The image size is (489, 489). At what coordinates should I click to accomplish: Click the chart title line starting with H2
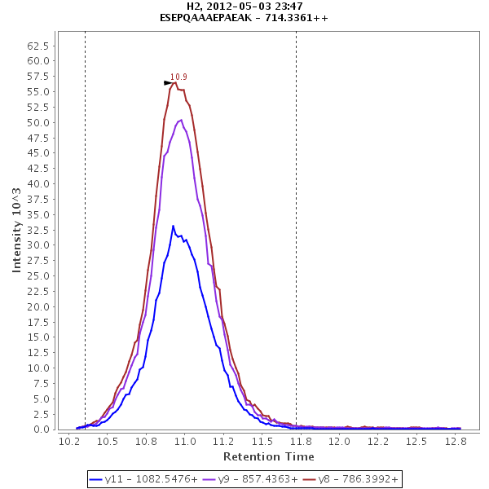click(244, 7)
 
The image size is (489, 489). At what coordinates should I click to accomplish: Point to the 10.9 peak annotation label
click(178, 77)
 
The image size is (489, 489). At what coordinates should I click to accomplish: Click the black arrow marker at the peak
click(168, 82)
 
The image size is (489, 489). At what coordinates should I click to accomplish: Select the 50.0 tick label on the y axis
click(41, 122)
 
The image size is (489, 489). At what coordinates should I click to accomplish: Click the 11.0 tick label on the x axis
click(185, 441)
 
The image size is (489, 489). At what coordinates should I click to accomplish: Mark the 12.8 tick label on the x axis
click(455, 441)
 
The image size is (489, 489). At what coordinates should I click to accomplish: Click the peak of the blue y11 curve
click(173, 226)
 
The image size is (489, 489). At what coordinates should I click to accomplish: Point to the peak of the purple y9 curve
click(180, 120)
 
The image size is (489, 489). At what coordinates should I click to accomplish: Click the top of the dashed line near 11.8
click(296, 33)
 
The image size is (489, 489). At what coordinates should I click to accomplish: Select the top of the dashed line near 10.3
click(85, 33)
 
